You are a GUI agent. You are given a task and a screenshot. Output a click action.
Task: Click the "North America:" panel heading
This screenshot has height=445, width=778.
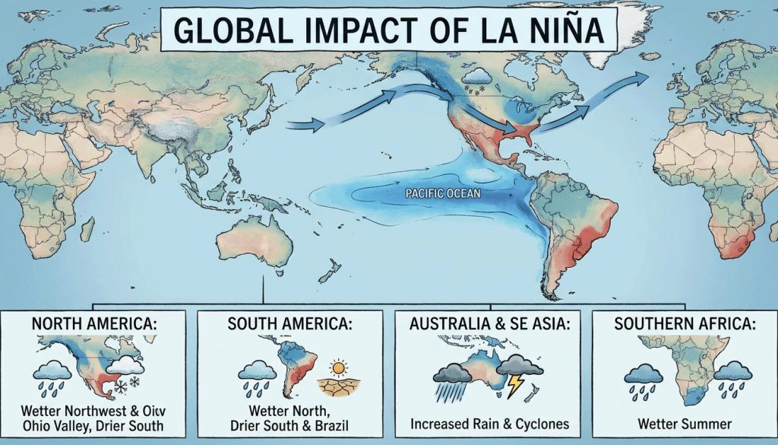(x=94, y=323)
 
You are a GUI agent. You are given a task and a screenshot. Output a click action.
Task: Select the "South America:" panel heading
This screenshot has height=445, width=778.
(x=289, y=323)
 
